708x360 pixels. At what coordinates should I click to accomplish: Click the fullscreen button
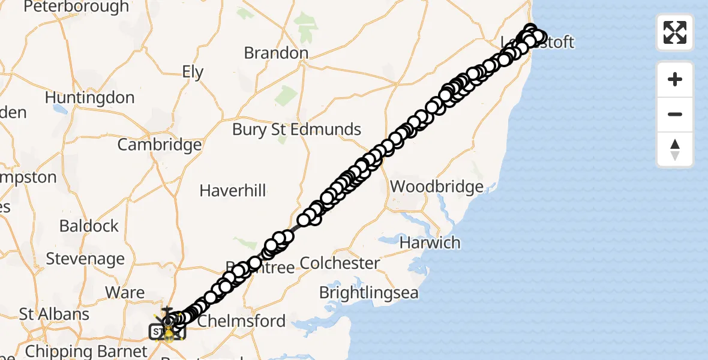coord(675,32)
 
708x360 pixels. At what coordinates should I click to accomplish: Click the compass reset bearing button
coord(675,149)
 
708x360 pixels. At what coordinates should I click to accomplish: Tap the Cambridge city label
coord(160,145)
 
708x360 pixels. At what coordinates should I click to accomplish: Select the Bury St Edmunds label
coord(296,129)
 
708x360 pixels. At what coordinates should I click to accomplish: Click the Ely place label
coord(193,73)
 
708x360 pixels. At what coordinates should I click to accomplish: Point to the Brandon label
coord(276,53)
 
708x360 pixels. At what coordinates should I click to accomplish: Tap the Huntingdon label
coord(89,97)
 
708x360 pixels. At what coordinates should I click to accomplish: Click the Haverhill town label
coord(233,191)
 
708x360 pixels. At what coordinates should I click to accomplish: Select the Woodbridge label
coord(437,187)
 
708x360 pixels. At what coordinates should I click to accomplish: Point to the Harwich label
coord(430,243)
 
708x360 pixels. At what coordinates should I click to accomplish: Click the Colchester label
coord(340,263)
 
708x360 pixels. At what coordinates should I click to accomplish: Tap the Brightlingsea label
coord(368,293)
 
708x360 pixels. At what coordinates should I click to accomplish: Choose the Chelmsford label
coord(241,321)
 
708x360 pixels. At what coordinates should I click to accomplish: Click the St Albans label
coord(54,314)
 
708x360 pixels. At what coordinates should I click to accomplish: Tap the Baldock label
coord(89,226)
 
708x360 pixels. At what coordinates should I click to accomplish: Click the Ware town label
coord(125,293)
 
